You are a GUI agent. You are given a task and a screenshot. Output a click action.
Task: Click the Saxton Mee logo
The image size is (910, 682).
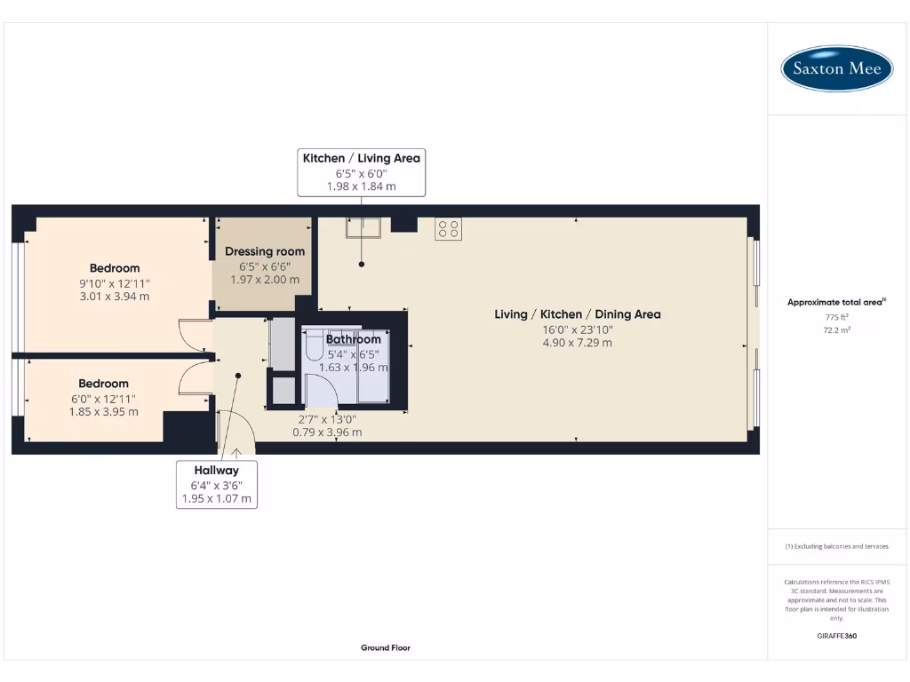(836, 68)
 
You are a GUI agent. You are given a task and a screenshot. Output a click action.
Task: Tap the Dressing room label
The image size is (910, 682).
(265, 252)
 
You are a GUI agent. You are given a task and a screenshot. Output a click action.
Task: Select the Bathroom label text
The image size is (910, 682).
(354, 339)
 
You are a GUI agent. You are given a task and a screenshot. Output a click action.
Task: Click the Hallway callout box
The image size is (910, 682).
(218, 484)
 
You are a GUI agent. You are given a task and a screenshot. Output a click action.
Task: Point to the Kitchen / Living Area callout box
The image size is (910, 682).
(362, 171)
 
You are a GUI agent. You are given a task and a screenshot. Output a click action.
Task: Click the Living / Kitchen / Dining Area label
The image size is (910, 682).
(578, 314)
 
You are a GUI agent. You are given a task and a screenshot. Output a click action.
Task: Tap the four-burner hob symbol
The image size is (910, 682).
(448, 229)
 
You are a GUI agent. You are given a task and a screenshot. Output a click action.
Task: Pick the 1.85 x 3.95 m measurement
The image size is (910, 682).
(103, 412)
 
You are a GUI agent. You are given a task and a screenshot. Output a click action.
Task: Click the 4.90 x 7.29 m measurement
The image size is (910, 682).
(578, 343)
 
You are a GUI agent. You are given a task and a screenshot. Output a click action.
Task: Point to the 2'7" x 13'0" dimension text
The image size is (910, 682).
(327, 419)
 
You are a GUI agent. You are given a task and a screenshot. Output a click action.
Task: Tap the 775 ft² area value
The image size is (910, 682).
(836, 317)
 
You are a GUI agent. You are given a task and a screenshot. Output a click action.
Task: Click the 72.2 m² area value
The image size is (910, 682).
(836, 329)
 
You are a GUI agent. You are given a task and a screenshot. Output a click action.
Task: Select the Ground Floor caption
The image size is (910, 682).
(386, 648)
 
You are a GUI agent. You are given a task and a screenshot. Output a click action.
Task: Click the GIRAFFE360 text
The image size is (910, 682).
(836, 636)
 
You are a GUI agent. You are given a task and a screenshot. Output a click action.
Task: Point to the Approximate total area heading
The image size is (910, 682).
(836, 303)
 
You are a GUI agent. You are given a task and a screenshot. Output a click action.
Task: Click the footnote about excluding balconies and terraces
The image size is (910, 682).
(836, 546)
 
